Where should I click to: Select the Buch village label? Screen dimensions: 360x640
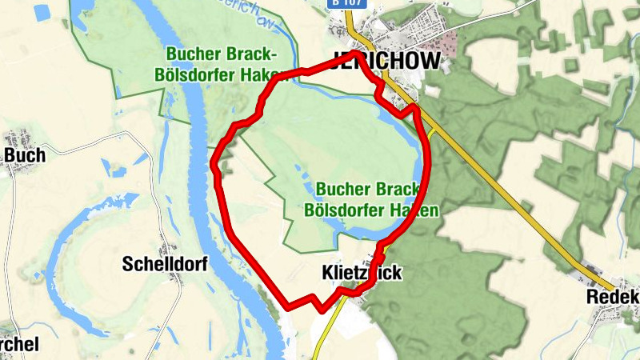(24, 155)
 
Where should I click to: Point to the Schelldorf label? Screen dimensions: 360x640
(165, 264)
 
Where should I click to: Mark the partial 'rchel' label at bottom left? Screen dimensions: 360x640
(19, 343)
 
